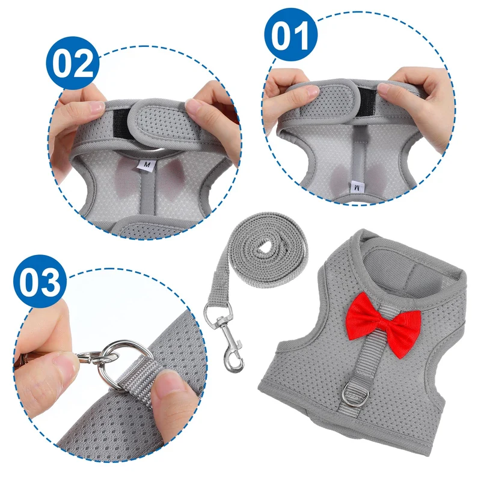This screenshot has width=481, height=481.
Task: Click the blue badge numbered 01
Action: point(291,35)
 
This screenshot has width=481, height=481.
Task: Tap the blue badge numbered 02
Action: point(73,63)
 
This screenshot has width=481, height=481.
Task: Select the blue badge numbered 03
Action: point(40,281)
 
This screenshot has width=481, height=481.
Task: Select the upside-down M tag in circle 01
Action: point(357,187)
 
